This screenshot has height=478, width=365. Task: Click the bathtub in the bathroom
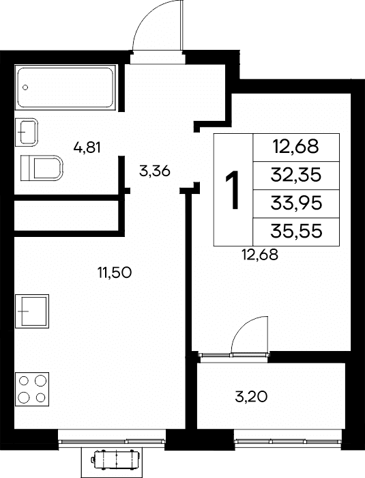[65, 87]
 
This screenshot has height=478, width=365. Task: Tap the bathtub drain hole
[25, 87]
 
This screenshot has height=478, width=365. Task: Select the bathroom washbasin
[27, 132]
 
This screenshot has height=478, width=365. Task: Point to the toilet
[42, 168]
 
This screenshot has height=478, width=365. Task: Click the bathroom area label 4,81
[87, 148]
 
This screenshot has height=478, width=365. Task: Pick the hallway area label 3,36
[154, 171]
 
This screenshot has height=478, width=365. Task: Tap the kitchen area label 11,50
[114, 272]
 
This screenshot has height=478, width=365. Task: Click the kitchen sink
[32, 311]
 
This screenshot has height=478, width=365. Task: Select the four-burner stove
[32, 389]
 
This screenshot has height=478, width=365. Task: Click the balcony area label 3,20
[251, 397]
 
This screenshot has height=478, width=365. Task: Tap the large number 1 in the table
[233, 190]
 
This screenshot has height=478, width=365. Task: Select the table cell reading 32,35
[296, 175]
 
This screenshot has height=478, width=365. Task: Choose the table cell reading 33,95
[296, 203]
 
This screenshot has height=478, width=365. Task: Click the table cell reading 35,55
[296, 231]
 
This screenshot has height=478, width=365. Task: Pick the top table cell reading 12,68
[296, 147]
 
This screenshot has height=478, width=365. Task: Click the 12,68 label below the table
[260, 255]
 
